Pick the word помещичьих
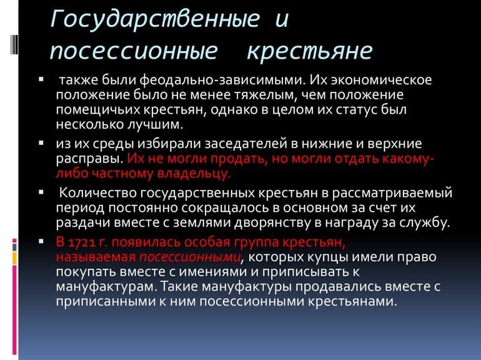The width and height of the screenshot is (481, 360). (x=96, y=110)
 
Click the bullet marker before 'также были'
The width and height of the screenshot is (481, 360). (x=41, y=80)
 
